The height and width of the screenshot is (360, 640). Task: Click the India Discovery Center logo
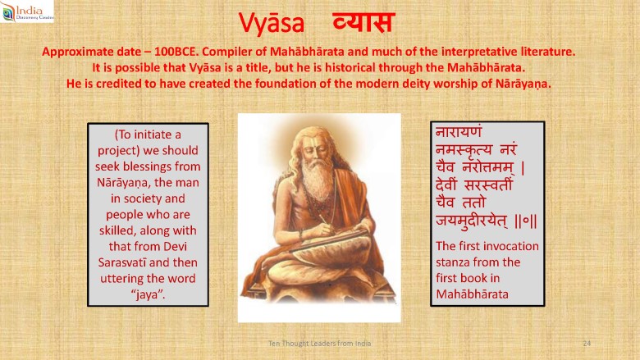point(27,11)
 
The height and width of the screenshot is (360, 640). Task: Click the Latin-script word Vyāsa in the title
point(272,22)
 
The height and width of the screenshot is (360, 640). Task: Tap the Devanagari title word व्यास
point(363,22)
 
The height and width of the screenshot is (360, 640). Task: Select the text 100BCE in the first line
point(176,52)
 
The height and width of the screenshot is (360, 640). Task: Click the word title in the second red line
point(258,67)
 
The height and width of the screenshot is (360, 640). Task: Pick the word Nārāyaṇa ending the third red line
point(523,84)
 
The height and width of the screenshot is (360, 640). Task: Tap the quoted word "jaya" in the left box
point(148,294)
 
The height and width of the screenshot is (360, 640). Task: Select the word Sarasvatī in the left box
point(121,262)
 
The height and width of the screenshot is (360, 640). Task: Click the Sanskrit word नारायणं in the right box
point(459,132)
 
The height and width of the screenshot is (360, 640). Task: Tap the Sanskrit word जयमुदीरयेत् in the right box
point(473,221)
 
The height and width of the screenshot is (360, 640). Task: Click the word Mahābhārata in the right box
point(473,294)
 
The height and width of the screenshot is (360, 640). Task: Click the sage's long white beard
point(318,180)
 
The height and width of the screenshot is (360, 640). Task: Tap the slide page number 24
point(587,344)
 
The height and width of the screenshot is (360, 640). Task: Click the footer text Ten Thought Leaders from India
point(320,344)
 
